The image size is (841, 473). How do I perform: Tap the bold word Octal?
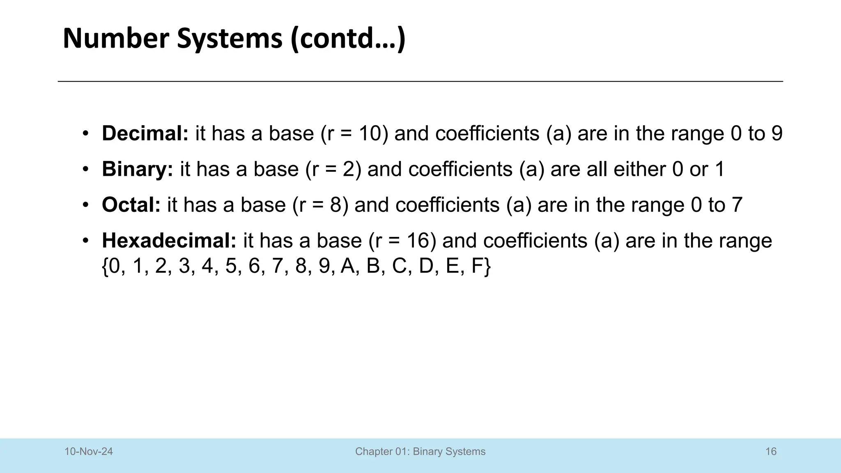pos(131,205)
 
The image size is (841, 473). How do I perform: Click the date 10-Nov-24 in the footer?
pos(89,452)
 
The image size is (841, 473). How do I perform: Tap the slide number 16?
pos(771,452)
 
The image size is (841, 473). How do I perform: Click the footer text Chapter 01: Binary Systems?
pos(420,452)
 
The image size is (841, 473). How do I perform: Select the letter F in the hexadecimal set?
pos(477,266)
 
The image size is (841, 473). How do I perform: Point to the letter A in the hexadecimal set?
pos(347,266)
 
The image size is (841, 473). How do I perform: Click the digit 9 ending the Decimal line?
pos(777,133)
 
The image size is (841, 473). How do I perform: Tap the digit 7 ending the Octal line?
pos(737,205)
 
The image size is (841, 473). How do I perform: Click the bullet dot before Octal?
pos(85,205)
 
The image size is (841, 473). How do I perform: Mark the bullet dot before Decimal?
pos(85,133)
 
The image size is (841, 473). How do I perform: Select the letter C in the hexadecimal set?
pos(399,266)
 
